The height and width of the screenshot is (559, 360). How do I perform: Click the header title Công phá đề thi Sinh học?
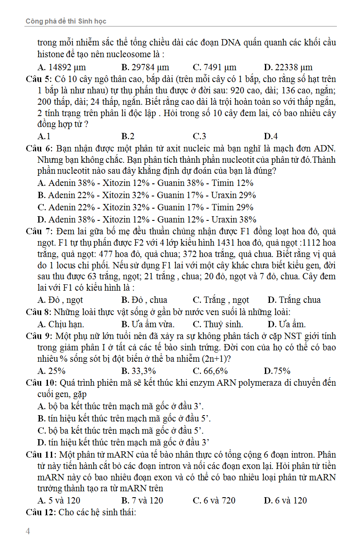[x=66, y=21]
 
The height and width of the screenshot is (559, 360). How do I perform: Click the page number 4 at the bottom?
[x=28, y=531]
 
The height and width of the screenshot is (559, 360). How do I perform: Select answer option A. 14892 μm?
[x=61, y=67]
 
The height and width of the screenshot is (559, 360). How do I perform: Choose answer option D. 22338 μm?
[x=288, y=67]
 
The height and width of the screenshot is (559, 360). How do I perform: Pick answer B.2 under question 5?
[x=128, y=136]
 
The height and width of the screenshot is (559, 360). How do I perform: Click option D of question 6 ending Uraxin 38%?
[x=147, y=220]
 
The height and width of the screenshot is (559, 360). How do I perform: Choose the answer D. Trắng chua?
[x=294, y=300]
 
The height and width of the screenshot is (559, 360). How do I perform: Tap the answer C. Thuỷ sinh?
[x=217, y=324]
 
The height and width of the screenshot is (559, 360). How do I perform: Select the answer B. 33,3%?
[x=138, y=371]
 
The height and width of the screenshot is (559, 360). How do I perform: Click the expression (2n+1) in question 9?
[x=215, y=359]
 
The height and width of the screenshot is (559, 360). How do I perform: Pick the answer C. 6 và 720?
[x=214, y=501]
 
